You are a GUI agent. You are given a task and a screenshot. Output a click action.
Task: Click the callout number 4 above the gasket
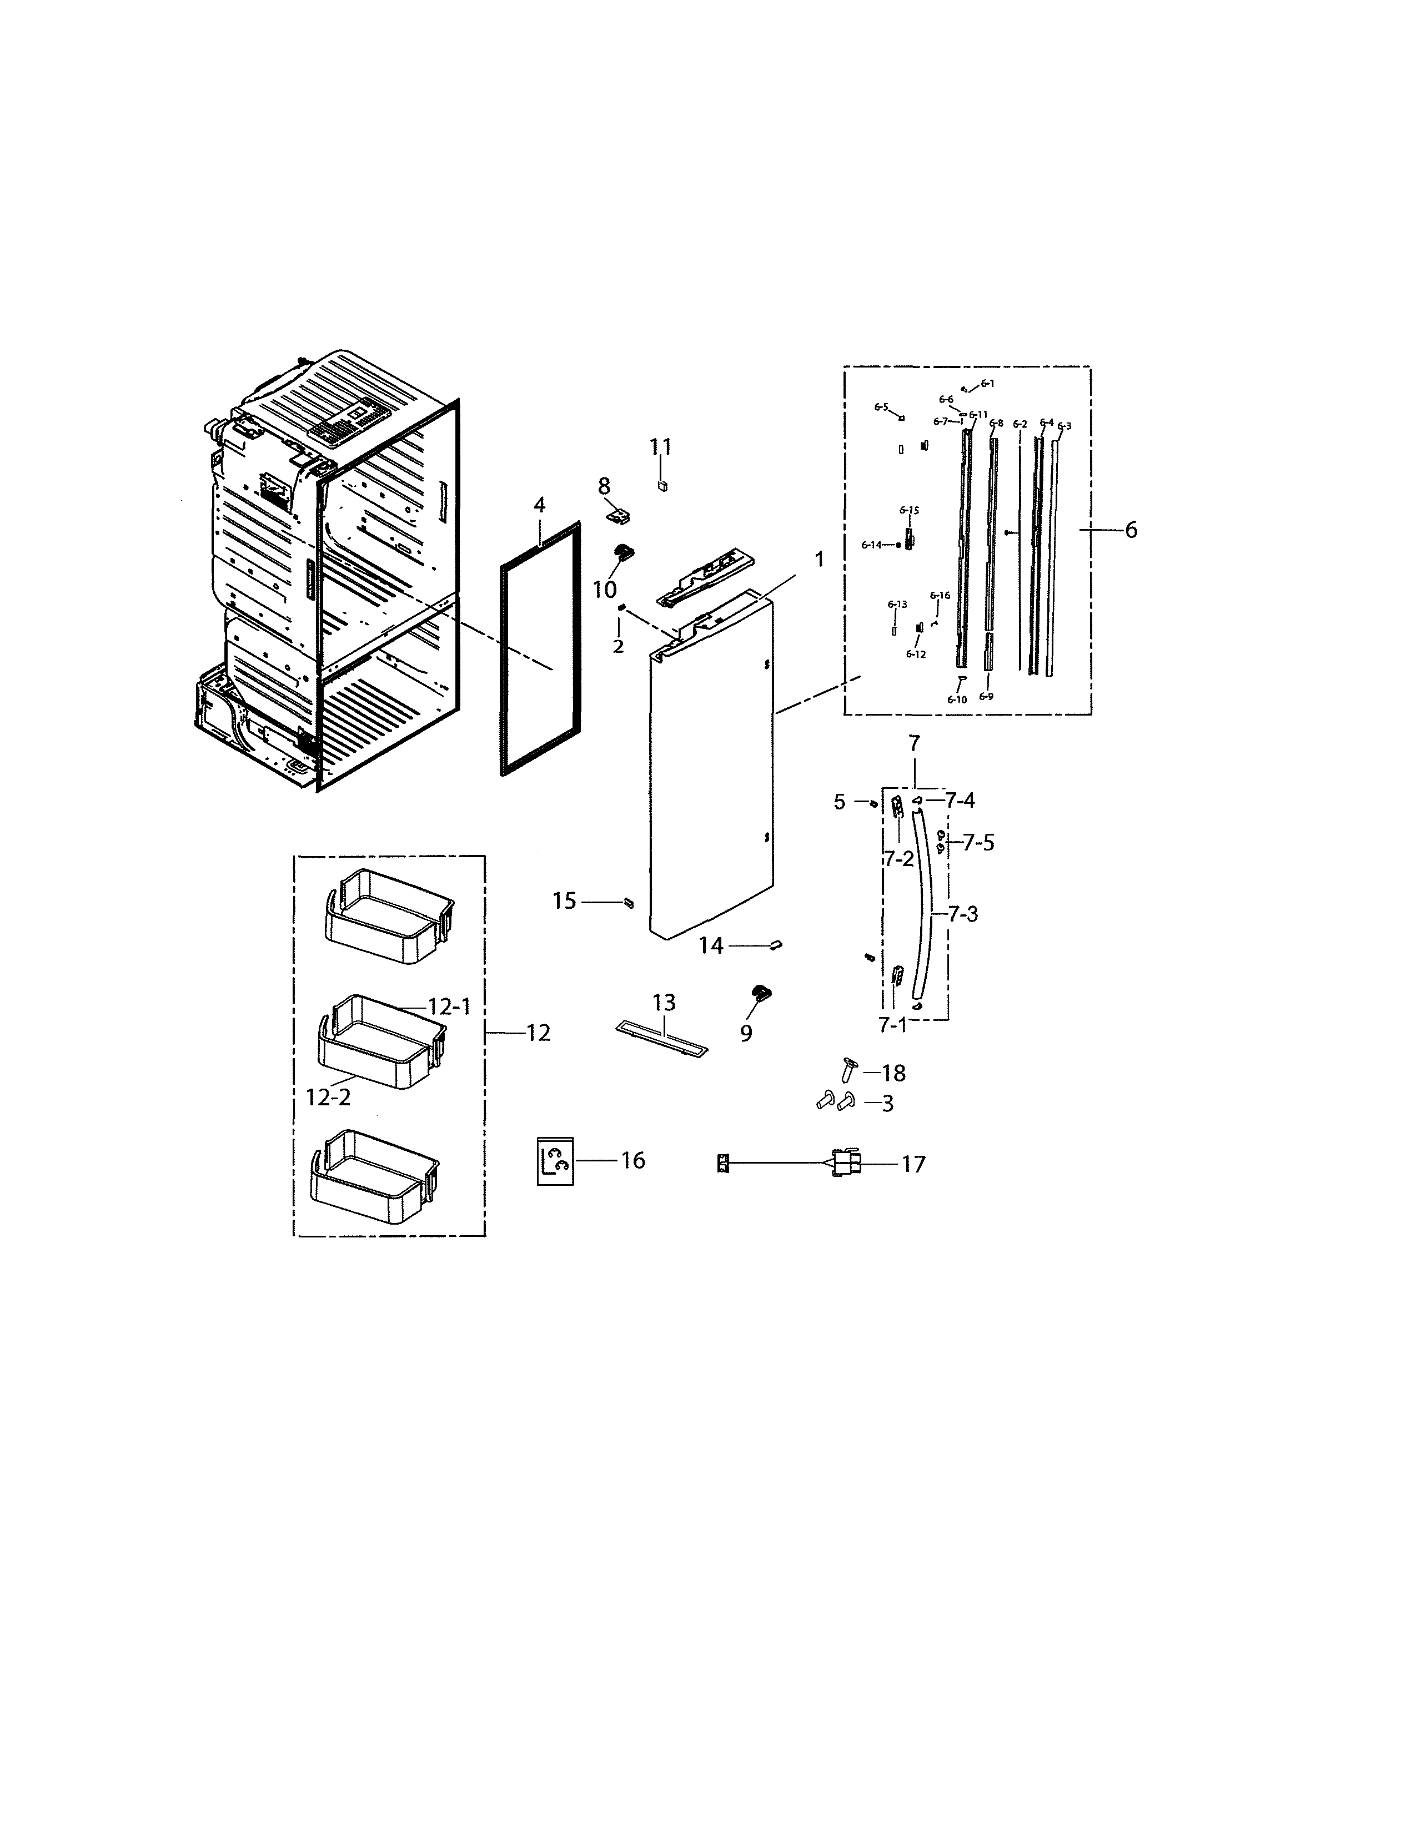click(539, 505)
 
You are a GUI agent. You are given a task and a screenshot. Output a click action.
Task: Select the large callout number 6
click(1131, 530)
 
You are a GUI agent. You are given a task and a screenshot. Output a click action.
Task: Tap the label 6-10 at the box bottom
click(956, 699)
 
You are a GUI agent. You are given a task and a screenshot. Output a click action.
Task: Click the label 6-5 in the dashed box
click(880, 407)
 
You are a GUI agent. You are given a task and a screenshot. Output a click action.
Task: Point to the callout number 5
click(840, 802)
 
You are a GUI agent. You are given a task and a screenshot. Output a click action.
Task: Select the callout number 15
click(565, 901)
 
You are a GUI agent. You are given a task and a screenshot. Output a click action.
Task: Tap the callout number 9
click(746, 1034)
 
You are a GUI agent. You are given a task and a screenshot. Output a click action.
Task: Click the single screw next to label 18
click(848, 1070)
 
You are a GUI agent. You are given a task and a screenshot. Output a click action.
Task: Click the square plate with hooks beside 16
click(555, 1161)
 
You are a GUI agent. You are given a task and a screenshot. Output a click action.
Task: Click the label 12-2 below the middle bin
click(328, 1097)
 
